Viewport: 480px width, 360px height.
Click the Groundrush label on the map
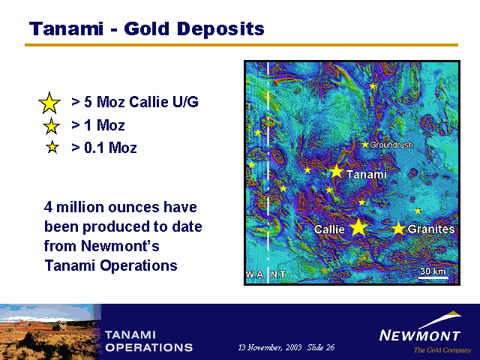[391, 145]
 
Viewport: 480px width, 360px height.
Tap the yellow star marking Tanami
[337, 172]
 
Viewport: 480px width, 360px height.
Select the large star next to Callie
[358, 227]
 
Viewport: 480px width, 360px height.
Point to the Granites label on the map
[431, 229]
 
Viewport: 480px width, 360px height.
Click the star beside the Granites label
[398, 228]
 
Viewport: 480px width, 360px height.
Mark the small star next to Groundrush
[365, 145]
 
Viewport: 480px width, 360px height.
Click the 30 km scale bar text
[433, 271]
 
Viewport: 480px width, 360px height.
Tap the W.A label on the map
[255, 274]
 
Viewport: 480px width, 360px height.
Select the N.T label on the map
[278, 274]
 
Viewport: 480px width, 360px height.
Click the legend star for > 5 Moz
[49, 103]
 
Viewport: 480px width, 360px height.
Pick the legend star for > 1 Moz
[51, 126]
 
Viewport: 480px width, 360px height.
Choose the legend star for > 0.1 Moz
[52, 147]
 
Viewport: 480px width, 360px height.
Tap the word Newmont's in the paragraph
[120, 246]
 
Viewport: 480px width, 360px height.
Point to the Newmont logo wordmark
[420, 335]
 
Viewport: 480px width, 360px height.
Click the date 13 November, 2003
[270, 347]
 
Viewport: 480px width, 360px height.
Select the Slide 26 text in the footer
[321, 347]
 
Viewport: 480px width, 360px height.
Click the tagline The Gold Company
[442, 350]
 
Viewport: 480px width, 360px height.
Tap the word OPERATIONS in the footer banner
[149, 347]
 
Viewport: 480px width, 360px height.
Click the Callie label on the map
[329, 229]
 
